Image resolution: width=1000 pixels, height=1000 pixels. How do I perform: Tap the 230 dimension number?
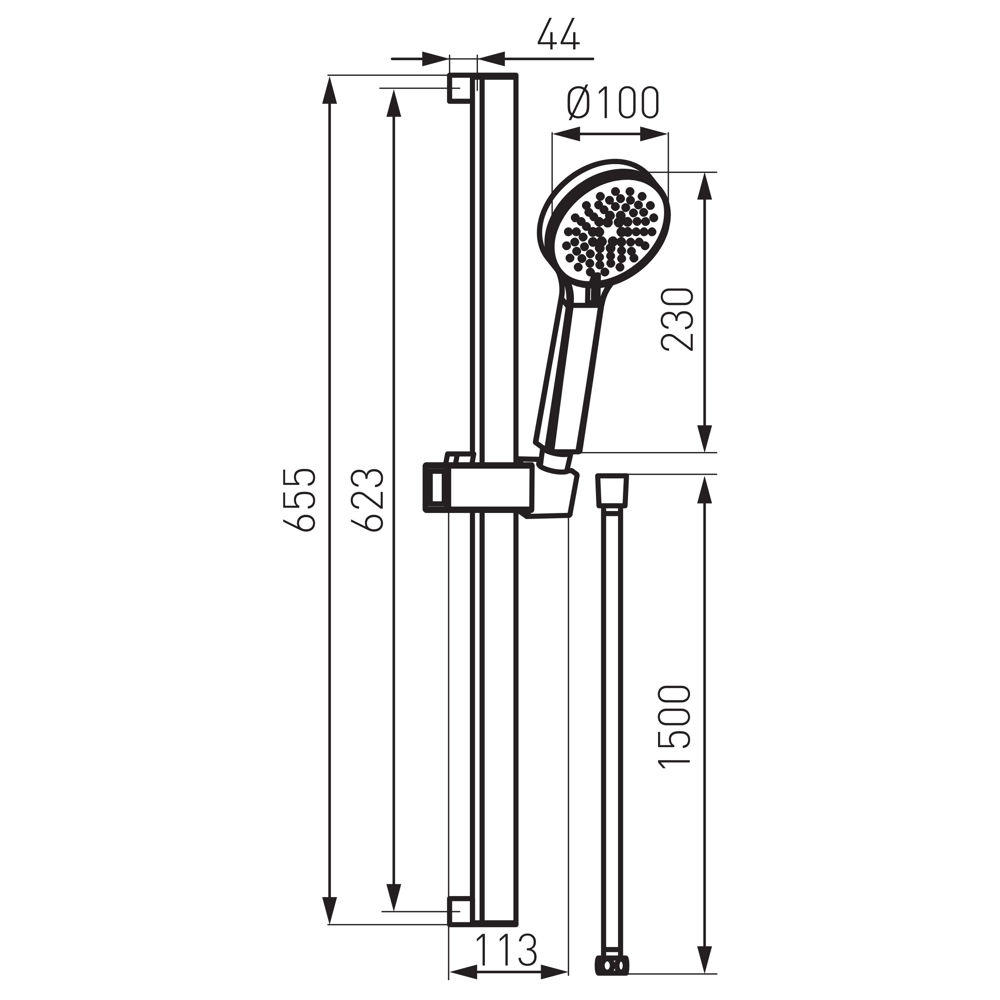click(x=677, y=320)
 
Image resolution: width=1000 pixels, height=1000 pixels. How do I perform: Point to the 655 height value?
click(x=300, y=500)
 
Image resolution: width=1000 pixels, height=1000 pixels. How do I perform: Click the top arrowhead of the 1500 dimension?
click(x=704, y=489)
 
